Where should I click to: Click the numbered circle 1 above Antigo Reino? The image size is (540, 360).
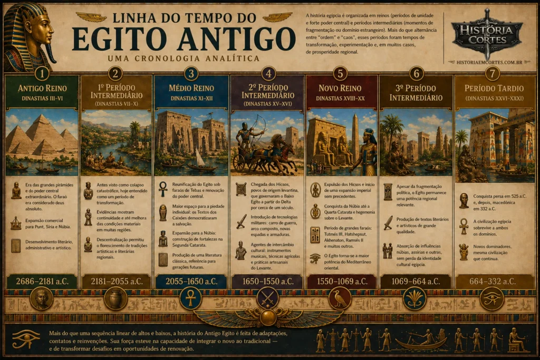tap(42, 73)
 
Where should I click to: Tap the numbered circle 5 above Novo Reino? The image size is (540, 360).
tap(341, 73)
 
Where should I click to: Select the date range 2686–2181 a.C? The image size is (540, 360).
tap(42, 281)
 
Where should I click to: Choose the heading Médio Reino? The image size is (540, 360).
tap(191, 88)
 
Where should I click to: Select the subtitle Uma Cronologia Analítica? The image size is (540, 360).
tap(183, 58)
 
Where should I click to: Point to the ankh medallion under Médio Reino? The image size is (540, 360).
tap(191, 299)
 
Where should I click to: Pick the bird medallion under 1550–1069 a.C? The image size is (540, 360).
tap(340, 299)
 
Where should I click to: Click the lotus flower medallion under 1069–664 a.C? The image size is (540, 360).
tap(414, 299)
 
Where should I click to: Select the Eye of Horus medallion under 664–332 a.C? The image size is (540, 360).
tap(491, 299)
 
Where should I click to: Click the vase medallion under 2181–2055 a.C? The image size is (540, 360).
tap(115, 299)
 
